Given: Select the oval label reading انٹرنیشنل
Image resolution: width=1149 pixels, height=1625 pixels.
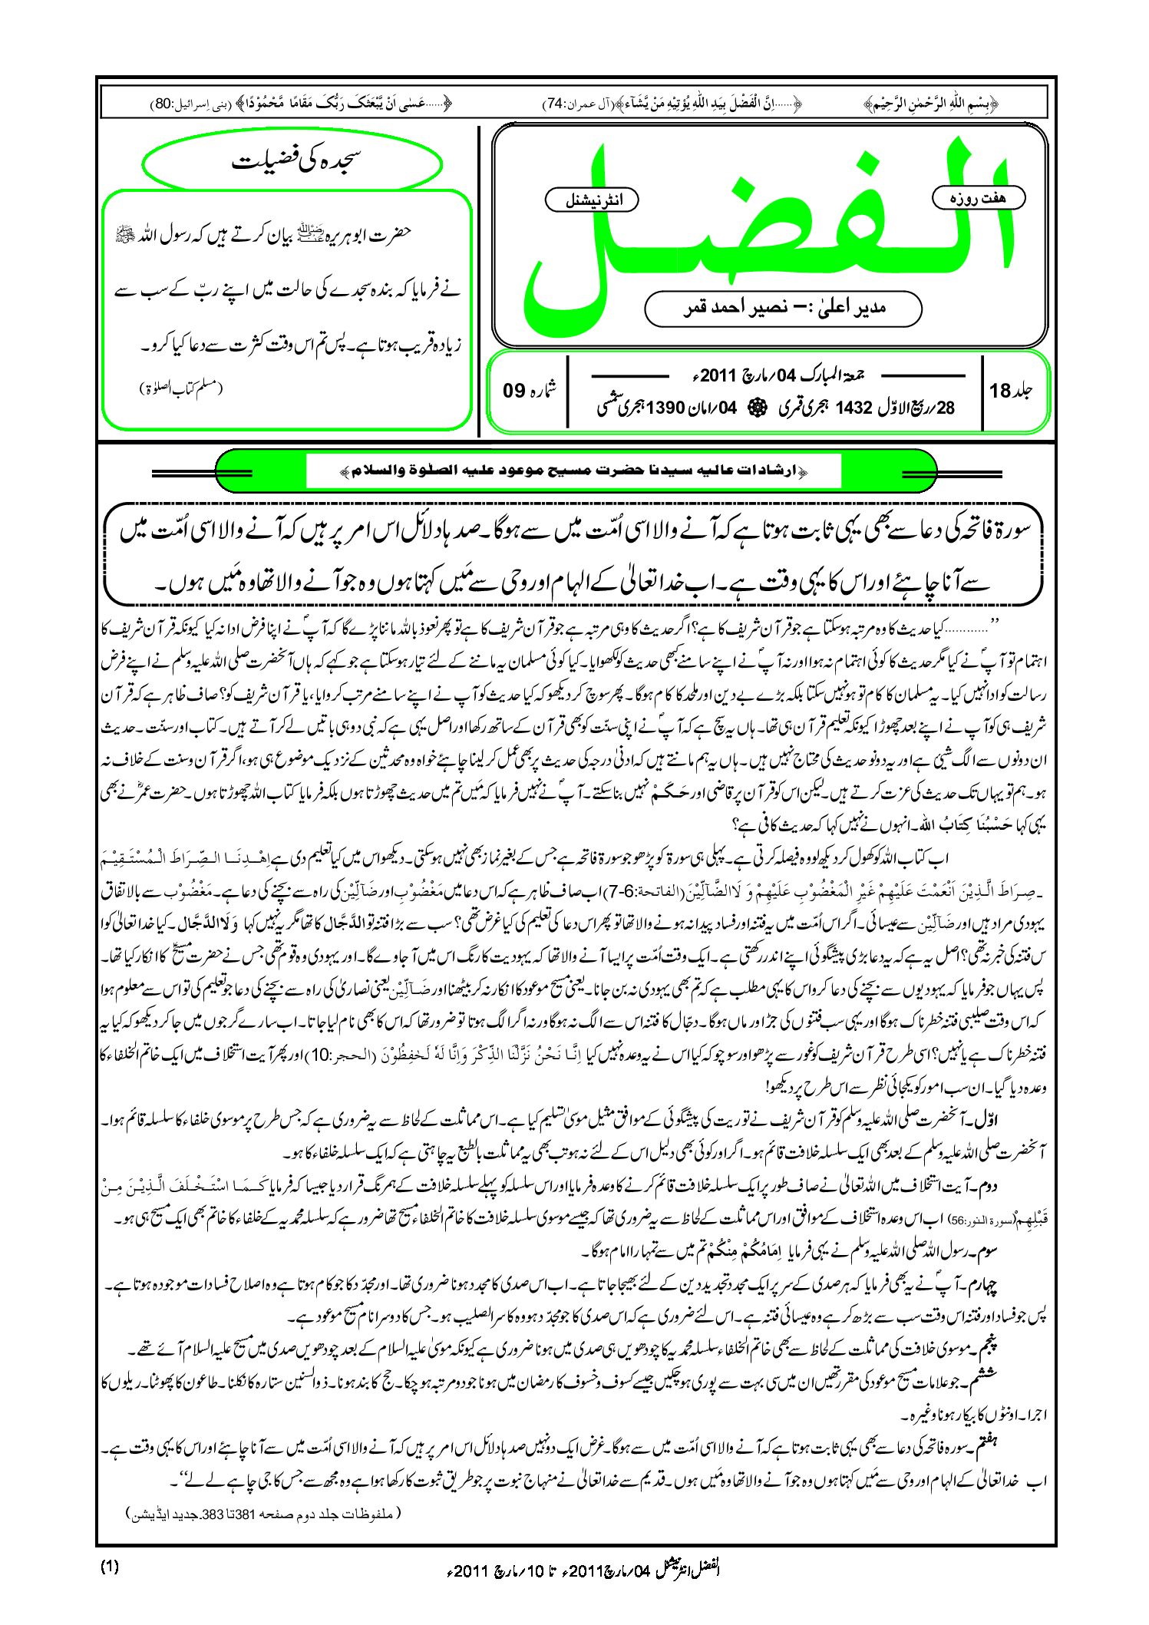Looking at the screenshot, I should click(592, 200).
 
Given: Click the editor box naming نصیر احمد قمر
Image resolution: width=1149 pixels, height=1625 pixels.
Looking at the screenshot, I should click(783, 308).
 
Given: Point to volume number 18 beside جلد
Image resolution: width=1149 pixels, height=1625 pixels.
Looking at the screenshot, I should click(1000, 391).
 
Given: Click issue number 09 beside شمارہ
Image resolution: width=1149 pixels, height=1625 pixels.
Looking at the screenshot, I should click(513, 390).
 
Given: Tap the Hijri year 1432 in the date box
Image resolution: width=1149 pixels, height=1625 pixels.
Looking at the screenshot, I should click(854, 408).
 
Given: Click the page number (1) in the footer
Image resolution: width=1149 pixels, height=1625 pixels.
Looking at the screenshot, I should click(110, 1567).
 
